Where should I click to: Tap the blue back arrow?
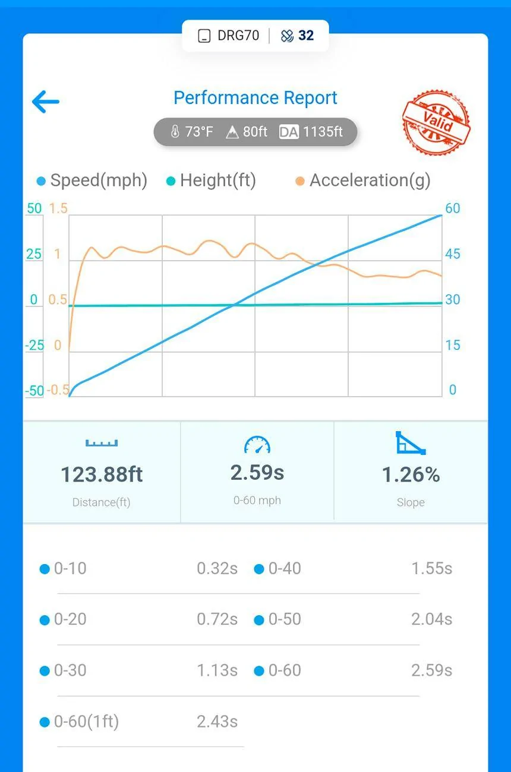click(46, 102)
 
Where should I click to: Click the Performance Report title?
click(255, 98)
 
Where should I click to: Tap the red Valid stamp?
click(436, 122)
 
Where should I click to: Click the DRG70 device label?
click(238, 36)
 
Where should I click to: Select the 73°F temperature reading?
click(192, 132)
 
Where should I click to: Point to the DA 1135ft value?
click(311, 132)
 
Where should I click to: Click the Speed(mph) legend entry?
click(92, 181)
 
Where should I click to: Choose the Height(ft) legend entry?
click(211, 181)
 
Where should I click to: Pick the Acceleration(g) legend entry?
click(363, 181)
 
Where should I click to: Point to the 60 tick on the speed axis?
click(452, 208)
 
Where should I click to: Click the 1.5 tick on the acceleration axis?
click(58, 208)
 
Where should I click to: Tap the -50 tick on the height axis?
click(34, 391)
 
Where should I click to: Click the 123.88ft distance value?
click(102, 474)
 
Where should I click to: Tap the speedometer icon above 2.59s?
click(257, 445)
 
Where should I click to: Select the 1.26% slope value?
click(411, 474)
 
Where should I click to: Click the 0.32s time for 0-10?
click(217, 568)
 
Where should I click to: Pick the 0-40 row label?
click(285, 568)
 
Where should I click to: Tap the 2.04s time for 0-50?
click(432, 619)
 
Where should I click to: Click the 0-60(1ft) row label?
click(86, 722)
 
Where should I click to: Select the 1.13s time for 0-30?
click(217, 670)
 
